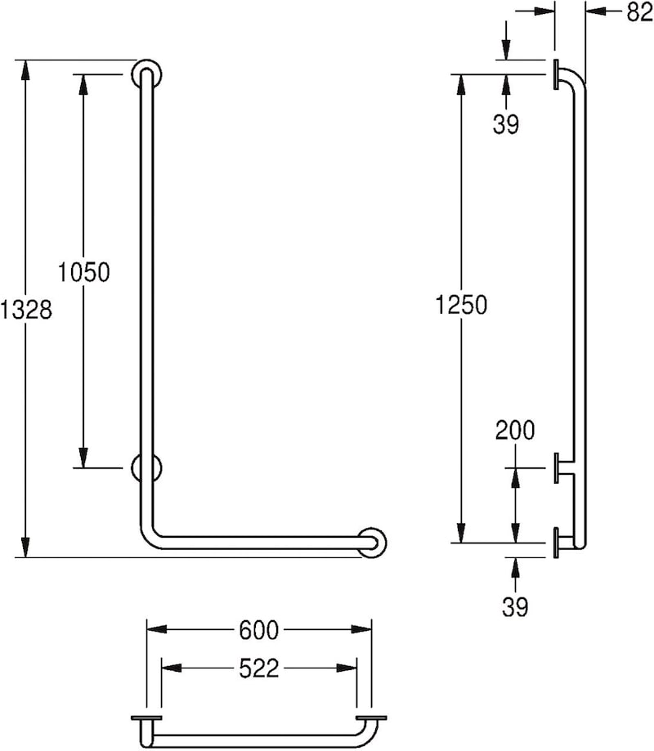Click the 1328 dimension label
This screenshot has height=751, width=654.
click(26, 310)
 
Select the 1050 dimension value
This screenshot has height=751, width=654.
click(84, 271)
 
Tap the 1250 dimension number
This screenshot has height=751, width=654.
click(461, 305)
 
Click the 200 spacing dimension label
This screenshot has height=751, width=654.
click(515, 430)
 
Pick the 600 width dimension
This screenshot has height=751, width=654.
click(258, 630)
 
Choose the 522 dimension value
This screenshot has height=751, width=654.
click(258, 668)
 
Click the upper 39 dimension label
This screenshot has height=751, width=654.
click(506, 124)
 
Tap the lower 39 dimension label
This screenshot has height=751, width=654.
click(515, 607)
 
